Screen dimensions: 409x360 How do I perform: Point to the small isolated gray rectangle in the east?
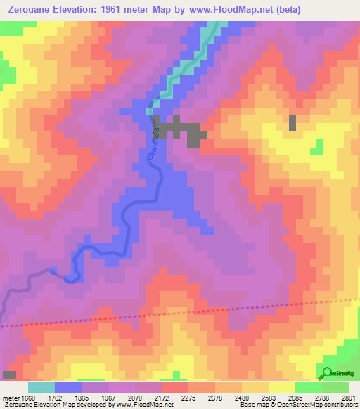click(292, 123)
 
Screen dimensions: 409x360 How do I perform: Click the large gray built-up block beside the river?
click(180, 131)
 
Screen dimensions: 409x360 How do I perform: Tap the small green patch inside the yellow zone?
click(318, 147)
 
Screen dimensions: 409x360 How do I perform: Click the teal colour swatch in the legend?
click(41, 387)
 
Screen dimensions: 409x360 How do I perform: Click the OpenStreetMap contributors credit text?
click(322, 405)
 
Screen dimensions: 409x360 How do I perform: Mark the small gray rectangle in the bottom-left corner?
click(9, 375)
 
